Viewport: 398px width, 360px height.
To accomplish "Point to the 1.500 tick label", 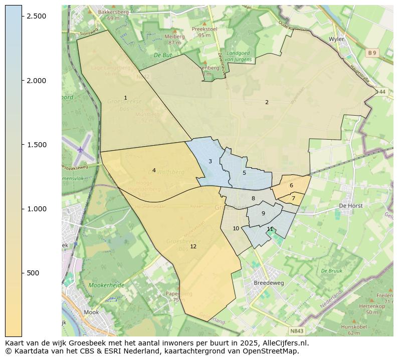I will pyautogui.click(x=37, y=145).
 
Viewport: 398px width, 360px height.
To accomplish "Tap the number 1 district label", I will pyautogui.click(x=125, y=98).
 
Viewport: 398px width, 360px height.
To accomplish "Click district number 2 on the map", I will pyautogui.click(x=267, y=102).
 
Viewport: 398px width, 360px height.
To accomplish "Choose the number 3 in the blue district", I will pyautogui.click(x=210, y=161).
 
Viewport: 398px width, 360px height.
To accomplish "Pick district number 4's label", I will pyautogui.click(x=154, y=170).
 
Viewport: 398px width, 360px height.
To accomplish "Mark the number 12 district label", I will pyautogui.click(x=193, y=246).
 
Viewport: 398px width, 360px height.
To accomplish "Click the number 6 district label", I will pyautogui.click(x=291, y=185).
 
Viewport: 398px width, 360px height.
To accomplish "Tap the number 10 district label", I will pyautogui.click(x=236, y=228).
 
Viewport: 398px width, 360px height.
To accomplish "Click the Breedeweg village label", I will pyautogui.click(x=269, y=282).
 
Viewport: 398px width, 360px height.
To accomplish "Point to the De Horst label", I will pyautogui.click(x=350, y=206).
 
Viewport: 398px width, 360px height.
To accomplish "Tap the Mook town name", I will pyautogui.click(x=92, y=312).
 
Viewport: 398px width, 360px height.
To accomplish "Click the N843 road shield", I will pyautogui.click(x=297, y=331).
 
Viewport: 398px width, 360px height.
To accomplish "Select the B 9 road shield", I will pyautogui.click(x=371, y=53).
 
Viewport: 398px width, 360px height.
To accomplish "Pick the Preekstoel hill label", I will pyautogui.click(x=204, y=29).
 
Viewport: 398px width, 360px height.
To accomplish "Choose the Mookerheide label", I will pyautogui.click(x=106, y=285).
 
